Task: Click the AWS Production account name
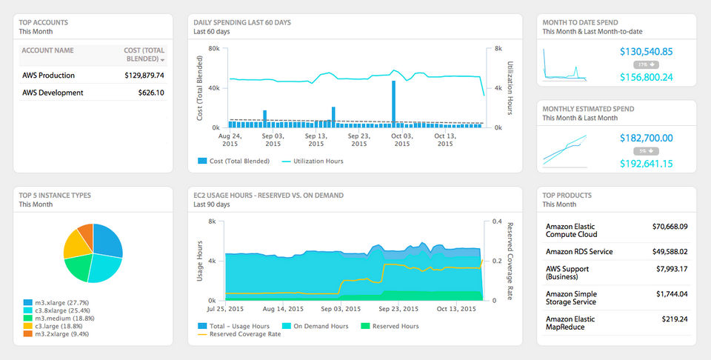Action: [48, 76]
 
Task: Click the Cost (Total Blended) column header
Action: [144, 54]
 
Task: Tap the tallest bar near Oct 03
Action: [393, 104]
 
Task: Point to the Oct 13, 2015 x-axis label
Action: [445, 139]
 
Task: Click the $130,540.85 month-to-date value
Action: [646, 52]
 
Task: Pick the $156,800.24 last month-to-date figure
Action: [646, 77]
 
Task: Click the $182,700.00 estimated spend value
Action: [646, 138]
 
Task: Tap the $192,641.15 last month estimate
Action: [646, 163]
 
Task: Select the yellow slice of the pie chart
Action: [76, 245]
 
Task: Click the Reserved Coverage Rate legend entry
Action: [245, 334]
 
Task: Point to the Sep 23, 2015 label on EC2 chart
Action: [399, 308]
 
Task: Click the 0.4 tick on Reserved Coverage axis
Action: [498, 221]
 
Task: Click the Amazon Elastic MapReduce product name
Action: [570, 323]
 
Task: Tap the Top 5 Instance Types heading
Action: [56, 196]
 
